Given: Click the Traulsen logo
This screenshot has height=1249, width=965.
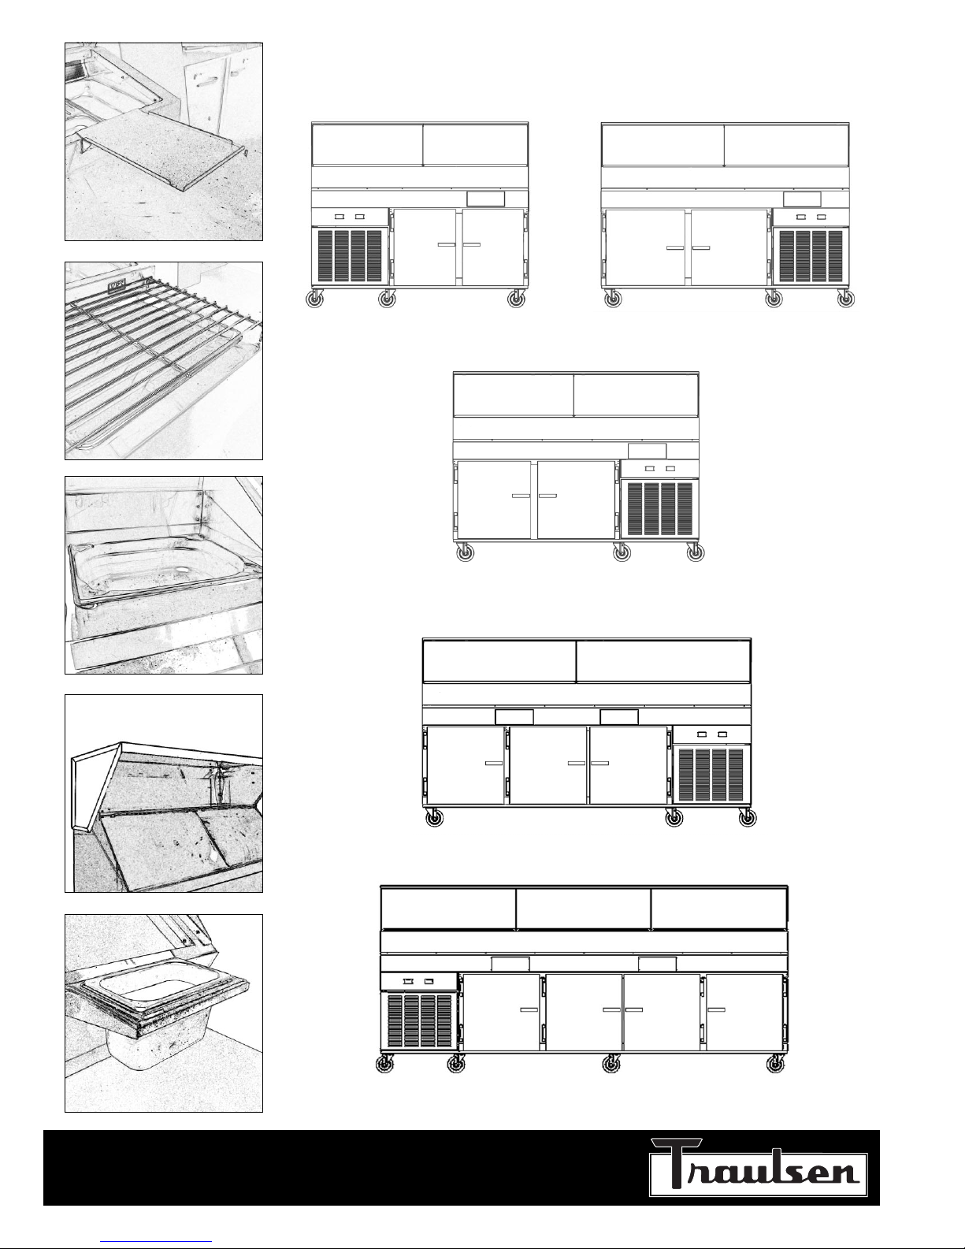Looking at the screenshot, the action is (x=758, y=1167).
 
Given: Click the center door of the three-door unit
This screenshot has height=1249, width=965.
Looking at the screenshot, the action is (x=548, y=765).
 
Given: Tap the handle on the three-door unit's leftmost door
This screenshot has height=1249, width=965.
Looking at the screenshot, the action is (x=493, y=764).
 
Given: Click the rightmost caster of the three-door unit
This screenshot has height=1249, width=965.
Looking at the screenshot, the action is (x=747, y=817).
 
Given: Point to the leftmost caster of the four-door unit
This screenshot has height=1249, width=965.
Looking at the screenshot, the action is (x=384, y=1065).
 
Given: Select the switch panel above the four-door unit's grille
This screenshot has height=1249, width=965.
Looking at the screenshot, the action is (x=419, y=981).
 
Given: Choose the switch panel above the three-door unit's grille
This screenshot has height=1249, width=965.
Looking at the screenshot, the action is (x=711, y=734).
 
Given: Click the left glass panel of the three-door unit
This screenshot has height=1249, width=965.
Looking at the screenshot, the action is (x=499, y=661).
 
